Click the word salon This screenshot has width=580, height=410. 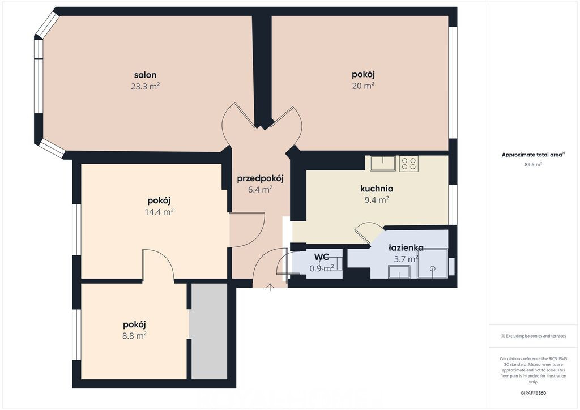[145, 75]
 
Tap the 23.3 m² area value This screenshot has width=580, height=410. [145, 86]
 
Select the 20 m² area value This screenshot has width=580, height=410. [363, 86]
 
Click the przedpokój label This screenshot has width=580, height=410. [260, 180]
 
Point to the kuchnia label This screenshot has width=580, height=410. [377, 189]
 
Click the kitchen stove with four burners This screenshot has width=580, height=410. [408, 164]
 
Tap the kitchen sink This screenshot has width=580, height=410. [383, 164]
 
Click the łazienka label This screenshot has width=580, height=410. [406, 247]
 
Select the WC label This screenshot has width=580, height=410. [322, 257]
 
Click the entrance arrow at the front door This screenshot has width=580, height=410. [270, 287]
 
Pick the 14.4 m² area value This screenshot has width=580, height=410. [159, 212]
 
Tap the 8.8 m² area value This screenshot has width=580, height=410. [134, 336]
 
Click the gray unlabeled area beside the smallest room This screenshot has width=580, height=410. [209, 331]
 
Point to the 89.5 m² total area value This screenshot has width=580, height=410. [533, 165]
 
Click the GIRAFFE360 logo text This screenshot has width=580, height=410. [533, 393]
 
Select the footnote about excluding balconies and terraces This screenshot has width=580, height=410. [533, 336]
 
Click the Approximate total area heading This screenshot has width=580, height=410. [533, 155]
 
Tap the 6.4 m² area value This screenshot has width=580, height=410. [260, 190]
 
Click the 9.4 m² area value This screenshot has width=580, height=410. [377, 200]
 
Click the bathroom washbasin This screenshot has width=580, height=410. [399, 272]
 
